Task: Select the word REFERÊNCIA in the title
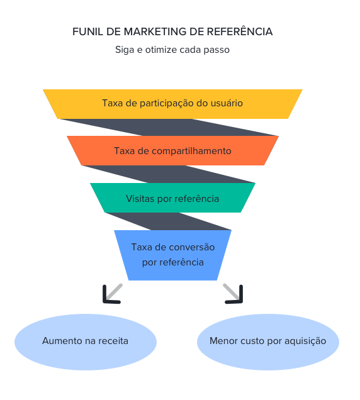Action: (243, 31)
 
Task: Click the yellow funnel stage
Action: (172, 103)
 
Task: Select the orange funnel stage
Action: (172, 151)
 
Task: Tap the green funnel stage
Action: (172, 198)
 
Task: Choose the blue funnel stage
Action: (172, 255)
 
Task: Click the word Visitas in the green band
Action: (140, 198)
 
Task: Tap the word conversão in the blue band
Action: (190, 247)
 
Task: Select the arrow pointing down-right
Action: (233, 293)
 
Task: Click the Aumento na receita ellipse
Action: (86, 342)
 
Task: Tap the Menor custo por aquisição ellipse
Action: (268, 342)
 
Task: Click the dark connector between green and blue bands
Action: (170, 221)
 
